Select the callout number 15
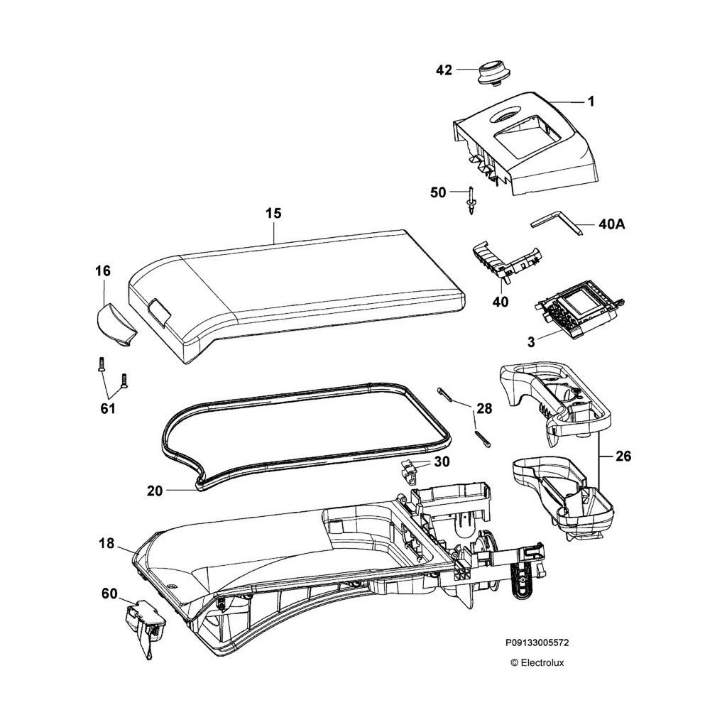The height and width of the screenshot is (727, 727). (273, 213)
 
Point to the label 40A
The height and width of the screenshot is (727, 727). (611, 225)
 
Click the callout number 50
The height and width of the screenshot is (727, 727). (439, 192)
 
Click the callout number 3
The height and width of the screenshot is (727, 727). (530, 342)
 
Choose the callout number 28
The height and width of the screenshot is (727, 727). (484, 408)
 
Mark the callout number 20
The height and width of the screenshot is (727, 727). (155, 490)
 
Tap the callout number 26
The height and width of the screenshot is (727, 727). (623, 457)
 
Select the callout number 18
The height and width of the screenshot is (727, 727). (106, 543)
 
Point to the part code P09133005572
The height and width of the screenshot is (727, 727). (537, 643)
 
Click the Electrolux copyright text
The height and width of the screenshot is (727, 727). (537, 663)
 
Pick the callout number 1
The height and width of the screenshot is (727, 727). (590, 102)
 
